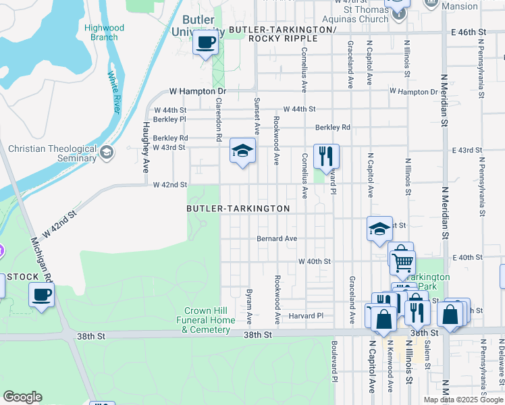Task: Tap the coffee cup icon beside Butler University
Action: (206, 44)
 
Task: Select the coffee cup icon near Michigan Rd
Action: (41, 295)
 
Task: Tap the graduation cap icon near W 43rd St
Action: (242, 151)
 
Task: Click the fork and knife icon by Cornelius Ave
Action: (326, 156)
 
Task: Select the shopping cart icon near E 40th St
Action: (402, 260)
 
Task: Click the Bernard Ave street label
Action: (276, 238)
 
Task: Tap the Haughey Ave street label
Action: (145, 146)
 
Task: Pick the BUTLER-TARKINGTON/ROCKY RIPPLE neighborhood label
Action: (282, 34)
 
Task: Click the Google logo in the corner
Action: (22, 396)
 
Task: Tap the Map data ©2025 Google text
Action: (462, 399)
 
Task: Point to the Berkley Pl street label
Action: (169, 119)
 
